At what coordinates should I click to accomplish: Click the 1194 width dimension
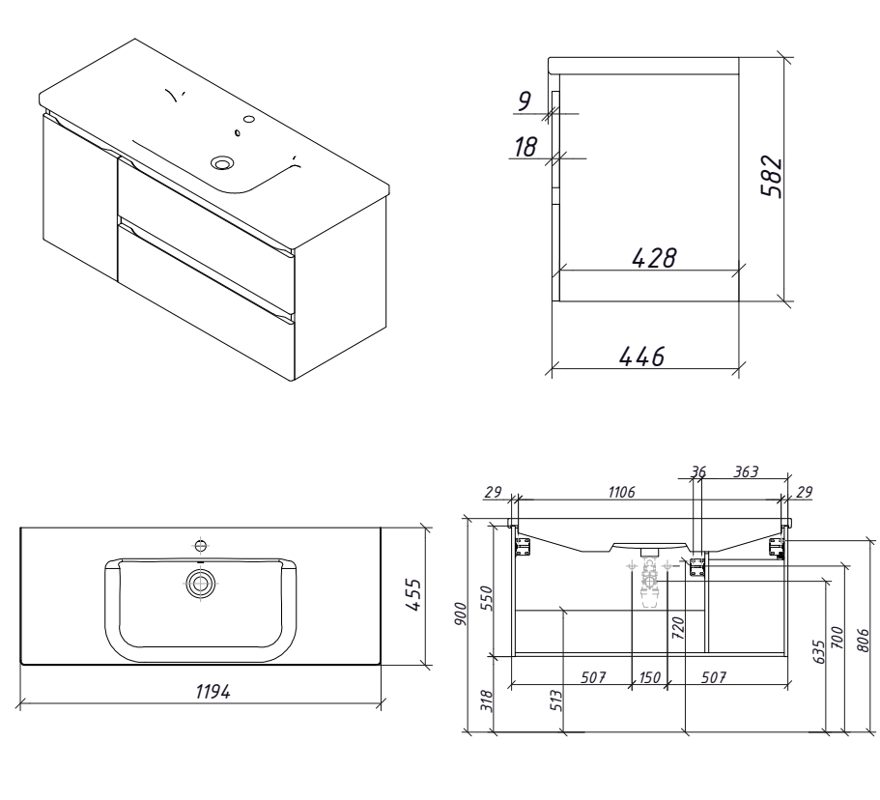coord(213,691)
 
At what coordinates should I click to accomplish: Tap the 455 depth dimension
coord(412,595)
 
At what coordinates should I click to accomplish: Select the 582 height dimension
coord(771,176)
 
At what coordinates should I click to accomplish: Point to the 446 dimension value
coord(642,356)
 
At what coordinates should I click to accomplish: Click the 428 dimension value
coord(654,258)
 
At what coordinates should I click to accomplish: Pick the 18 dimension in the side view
coord(525,147)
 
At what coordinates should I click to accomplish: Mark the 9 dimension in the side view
coord(524,101)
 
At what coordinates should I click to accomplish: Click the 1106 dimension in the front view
coord(621,492)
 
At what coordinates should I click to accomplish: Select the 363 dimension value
coord(746,471)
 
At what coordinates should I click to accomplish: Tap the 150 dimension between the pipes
coord(649,677)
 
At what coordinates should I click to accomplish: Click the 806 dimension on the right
coord(864,640)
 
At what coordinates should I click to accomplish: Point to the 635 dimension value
coord(819,651)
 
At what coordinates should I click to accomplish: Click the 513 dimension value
coord(555,701)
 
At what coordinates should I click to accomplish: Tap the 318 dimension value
coord(487,701)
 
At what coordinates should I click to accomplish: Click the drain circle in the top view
coord(200,584)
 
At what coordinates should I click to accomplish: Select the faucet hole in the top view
coord(200,545)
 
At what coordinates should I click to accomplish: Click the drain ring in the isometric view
coord(221,163)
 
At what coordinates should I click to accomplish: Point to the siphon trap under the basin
coord(649,583)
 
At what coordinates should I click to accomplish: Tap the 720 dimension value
coord(678,628)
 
